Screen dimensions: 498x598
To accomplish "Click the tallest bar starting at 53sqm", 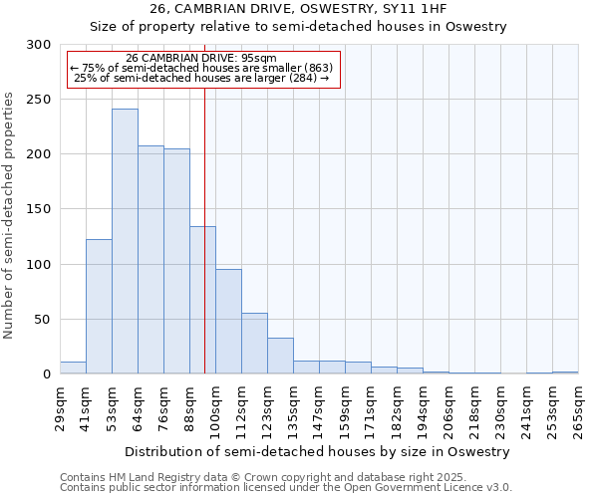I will (125, 241).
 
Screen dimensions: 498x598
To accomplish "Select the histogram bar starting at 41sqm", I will (99, 307).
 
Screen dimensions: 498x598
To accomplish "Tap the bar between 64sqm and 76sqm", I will (150, 259).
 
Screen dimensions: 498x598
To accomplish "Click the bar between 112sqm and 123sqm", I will (254, 343).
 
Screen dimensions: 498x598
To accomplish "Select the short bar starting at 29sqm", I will (73, 368).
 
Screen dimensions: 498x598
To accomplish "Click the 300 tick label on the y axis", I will (39, 45).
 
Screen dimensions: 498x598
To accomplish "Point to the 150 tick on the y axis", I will (39, 209).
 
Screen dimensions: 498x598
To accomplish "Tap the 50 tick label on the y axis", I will (43, 320).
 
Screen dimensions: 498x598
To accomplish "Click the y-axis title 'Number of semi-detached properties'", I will (10, 215).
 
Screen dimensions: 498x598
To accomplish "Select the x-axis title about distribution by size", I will (318, 451).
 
